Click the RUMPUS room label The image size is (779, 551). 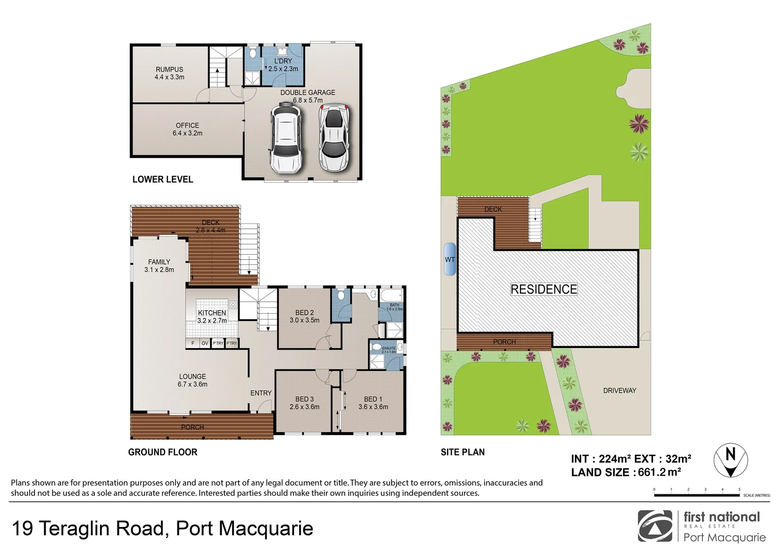tap(169, 73)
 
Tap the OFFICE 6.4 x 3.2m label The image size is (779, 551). tap(187, 129)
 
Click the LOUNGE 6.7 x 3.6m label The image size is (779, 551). tap(192, 380)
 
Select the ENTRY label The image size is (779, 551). tap(261, 393)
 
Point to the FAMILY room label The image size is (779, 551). tap(159, 265)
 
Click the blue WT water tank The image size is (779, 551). tap(450, 259)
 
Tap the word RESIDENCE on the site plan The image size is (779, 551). tap(543, 289)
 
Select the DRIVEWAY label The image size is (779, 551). tap(619, 390)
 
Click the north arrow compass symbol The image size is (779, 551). tap(730, 460)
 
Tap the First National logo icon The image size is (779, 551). tap(655, 526)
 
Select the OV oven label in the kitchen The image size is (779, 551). tap(204, 343)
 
